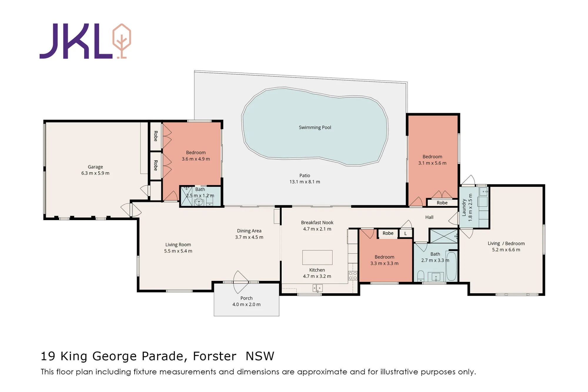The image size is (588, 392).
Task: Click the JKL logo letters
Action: tap(76, 41)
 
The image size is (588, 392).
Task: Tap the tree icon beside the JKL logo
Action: tap(122, 41)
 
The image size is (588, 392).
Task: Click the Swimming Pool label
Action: tap(315, 128)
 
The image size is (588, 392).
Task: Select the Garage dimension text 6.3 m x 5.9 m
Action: tap(95, 173)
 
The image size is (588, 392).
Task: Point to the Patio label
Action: tap(305, 175)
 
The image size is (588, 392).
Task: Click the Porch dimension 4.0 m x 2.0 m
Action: tap(246, 304)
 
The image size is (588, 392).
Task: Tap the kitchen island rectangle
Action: tap(317, 257)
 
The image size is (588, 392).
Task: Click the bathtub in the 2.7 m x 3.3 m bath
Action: tap(451, 266)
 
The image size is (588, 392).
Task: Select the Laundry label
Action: tap(464, 207)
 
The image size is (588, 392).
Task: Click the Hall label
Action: tap(429, 217)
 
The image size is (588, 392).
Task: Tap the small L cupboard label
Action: tap(405, 234)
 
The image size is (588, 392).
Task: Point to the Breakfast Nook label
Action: tap(317, 223)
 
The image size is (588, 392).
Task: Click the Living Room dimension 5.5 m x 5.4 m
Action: tap(178, 251)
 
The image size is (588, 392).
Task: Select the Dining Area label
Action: tap(249, 231)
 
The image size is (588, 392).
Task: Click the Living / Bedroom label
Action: tap(506, 244)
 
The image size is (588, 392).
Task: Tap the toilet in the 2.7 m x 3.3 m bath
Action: tap(421, 276)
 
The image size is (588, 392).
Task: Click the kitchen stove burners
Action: tap(353, 276)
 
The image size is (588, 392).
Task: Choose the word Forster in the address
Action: tap(215, 356)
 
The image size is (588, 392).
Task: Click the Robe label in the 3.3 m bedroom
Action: tap(388, 233)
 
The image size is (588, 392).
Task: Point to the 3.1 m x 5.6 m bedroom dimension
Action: tap(432, 163)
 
